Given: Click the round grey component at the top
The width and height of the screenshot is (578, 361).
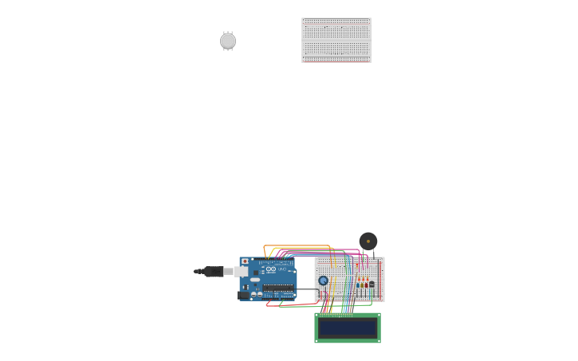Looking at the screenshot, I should tap(228, 41).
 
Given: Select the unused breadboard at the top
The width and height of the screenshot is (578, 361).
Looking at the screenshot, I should tap(336, 40).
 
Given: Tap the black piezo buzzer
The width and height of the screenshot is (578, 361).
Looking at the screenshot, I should tap(368, 241).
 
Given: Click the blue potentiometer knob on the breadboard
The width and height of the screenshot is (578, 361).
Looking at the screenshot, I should tap(323, 281).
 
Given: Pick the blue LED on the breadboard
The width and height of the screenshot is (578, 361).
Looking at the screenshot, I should tap(358, 284).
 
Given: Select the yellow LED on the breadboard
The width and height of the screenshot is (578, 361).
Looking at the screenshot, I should tap(362, 284).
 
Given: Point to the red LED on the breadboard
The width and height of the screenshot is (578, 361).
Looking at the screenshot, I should tap(366, 284).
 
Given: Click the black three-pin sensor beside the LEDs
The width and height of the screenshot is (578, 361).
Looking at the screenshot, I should tap(372, 284).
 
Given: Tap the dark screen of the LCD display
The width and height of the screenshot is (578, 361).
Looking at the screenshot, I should tap(347, 328).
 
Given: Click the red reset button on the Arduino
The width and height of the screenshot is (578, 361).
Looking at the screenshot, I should tap(245, 261).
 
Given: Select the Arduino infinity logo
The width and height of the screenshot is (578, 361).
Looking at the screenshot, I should tap(271, 270).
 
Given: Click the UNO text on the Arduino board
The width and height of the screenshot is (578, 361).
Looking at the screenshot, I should tap(281, 269).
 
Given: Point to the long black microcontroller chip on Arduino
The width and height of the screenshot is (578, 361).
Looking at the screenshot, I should tap(277, 288).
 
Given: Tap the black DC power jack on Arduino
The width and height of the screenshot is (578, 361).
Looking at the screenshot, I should tap(243, 295).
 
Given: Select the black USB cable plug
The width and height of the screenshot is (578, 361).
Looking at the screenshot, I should tap(213, 272).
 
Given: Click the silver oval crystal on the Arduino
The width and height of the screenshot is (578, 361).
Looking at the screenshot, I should tap(254, 280).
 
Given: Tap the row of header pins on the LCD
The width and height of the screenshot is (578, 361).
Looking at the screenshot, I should tap(336, 315).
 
